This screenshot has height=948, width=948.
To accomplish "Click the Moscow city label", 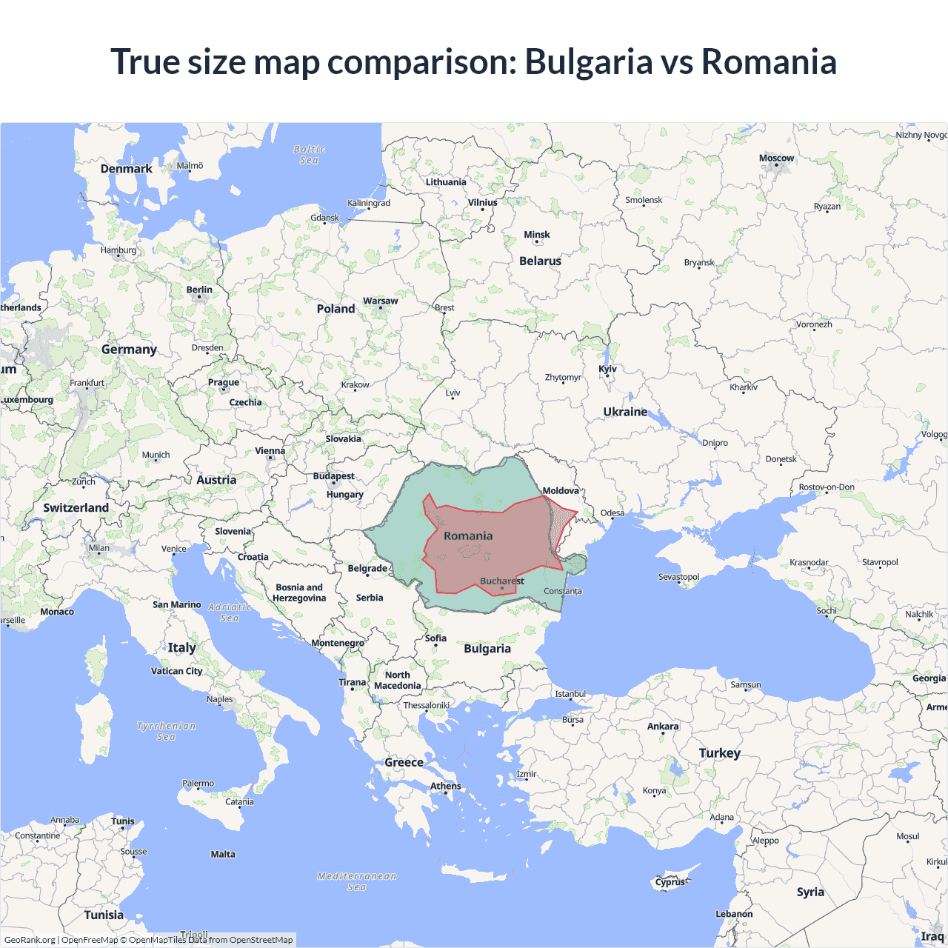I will coord(776,158).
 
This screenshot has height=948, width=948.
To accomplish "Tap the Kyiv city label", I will coord(607,369).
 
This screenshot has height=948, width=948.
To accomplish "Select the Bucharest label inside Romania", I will coord(501,581).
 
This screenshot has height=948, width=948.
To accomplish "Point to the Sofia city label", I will coord(435,638).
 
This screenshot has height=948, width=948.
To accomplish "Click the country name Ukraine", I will coord(625,412).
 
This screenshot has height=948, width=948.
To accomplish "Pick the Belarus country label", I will coord(540,261).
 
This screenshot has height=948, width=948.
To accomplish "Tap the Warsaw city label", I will coord(380,301).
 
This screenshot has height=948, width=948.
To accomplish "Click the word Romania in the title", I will coord(769,61).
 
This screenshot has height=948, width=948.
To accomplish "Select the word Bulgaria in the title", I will coord(588,61).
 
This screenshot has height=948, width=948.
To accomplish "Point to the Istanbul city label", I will coord(570,694).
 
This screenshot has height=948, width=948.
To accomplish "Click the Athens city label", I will coord(446,786).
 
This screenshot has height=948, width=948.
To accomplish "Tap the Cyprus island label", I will coord(670,882).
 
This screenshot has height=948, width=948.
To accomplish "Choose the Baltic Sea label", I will coord(310,155).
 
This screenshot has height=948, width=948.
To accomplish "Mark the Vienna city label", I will coord(270,451).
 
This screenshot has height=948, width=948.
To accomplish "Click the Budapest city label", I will coord(333,476).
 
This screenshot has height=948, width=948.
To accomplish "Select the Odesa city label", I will coord(612,513).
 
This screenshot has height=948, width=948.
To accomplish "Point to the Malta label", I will coord(223,855).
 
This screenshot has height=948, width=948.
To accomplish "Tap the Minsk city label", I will coord(537,235).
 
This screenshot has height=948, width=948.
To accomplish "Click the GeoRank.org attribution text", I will coord(30,940).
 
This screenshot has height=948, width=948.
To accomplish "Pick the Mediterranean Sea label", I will coord(357,881).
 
